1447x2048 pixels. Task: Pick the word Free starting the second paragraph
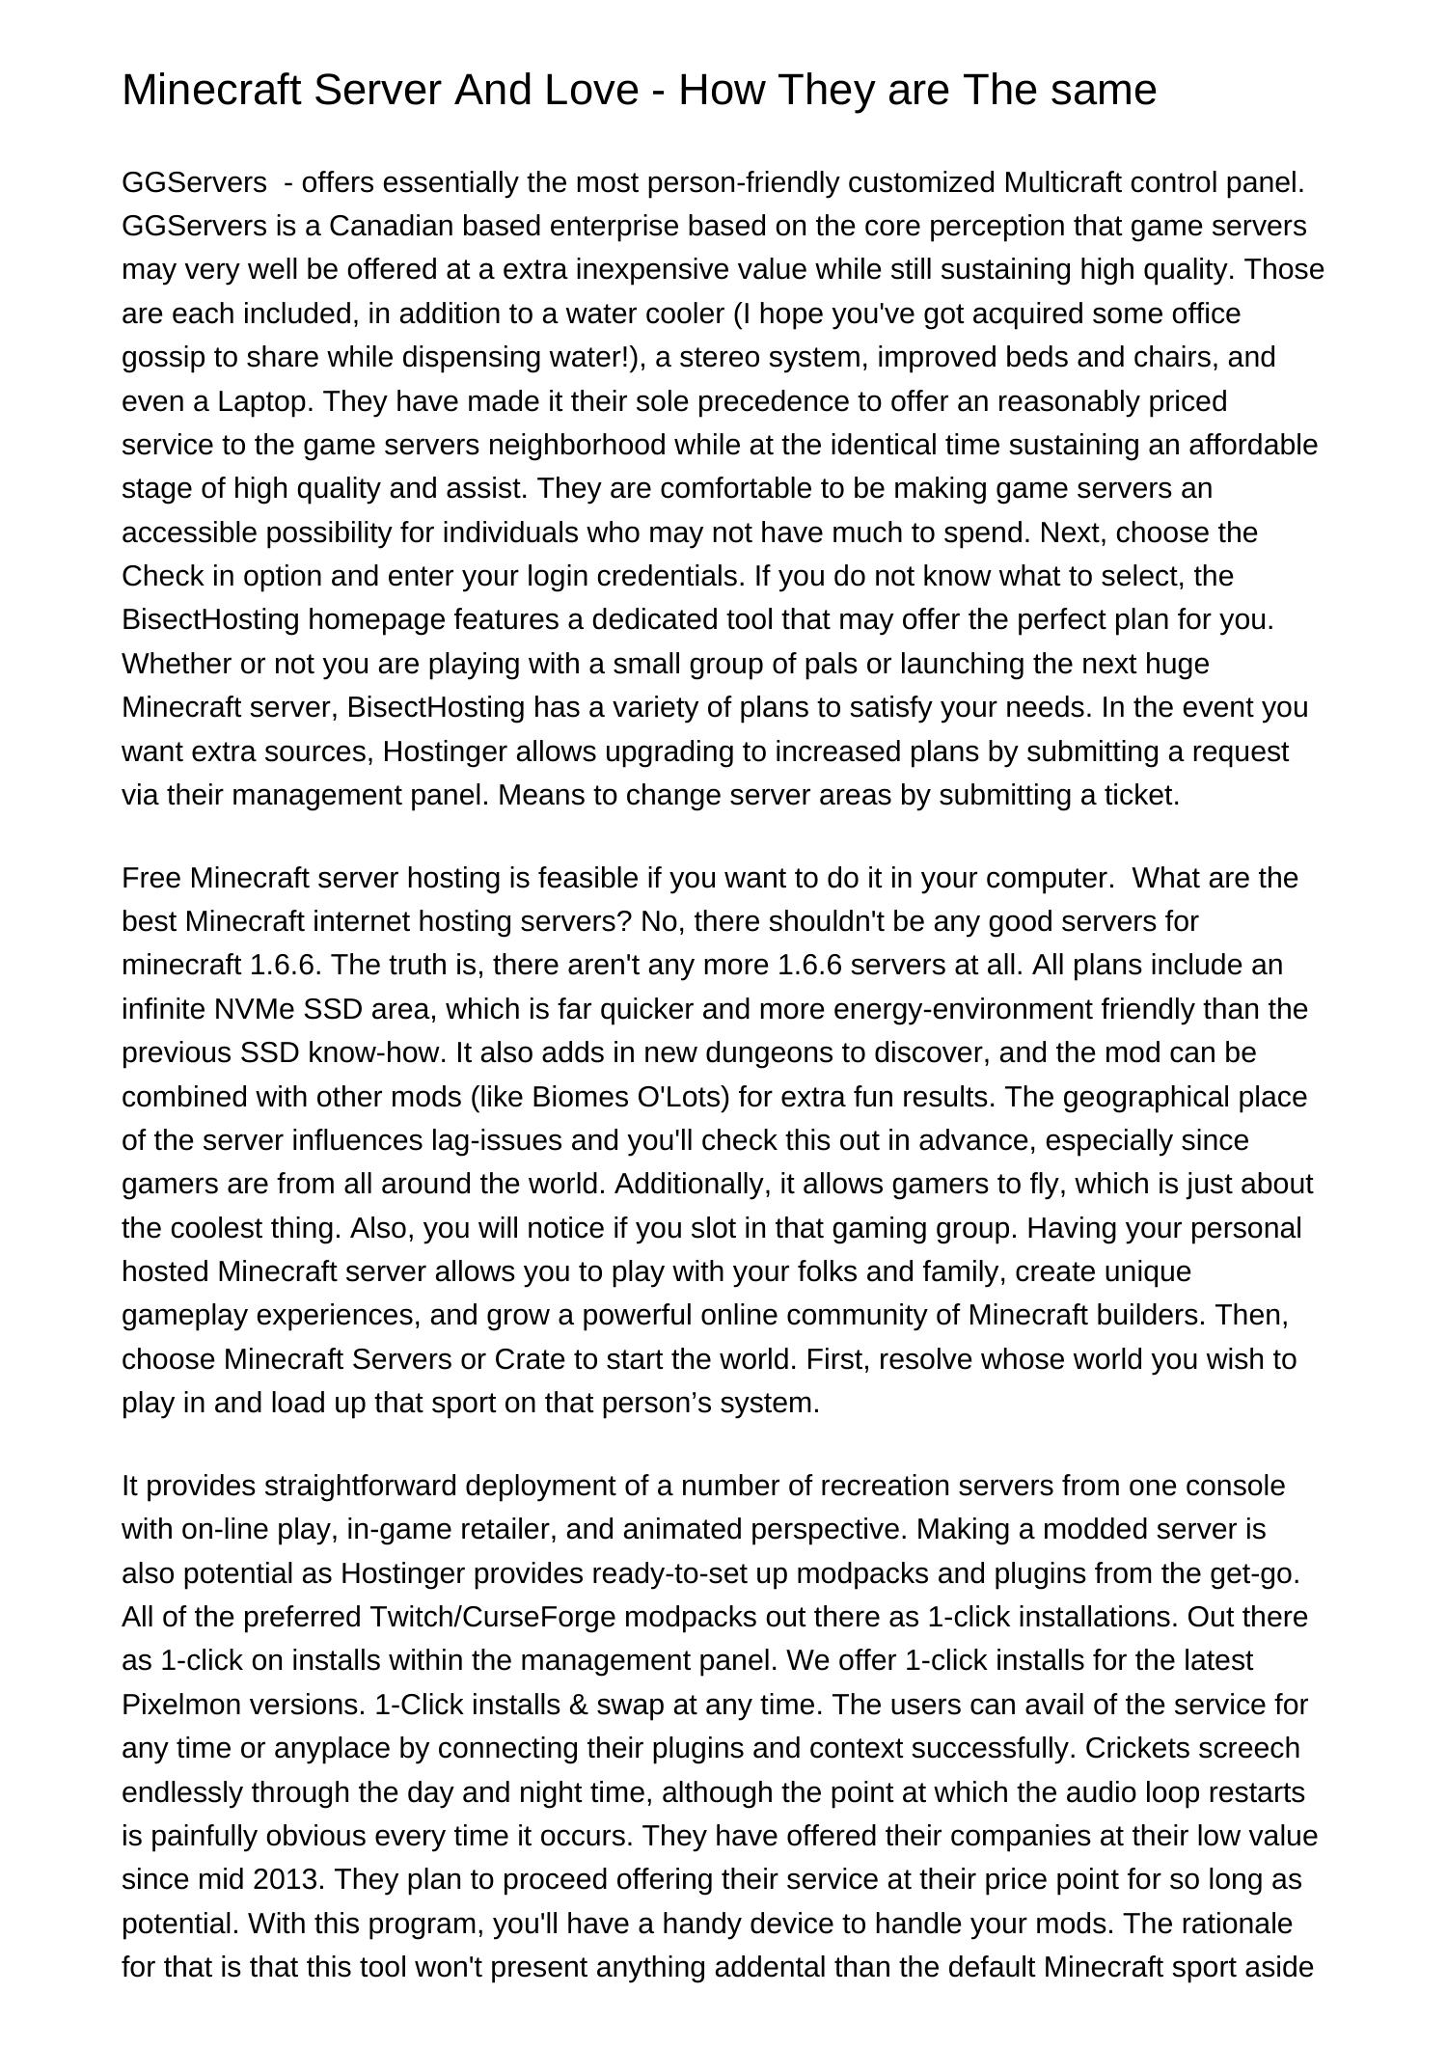[x=151, y=878]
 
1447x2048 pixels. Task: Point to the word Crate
[x=530, y=1359]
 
